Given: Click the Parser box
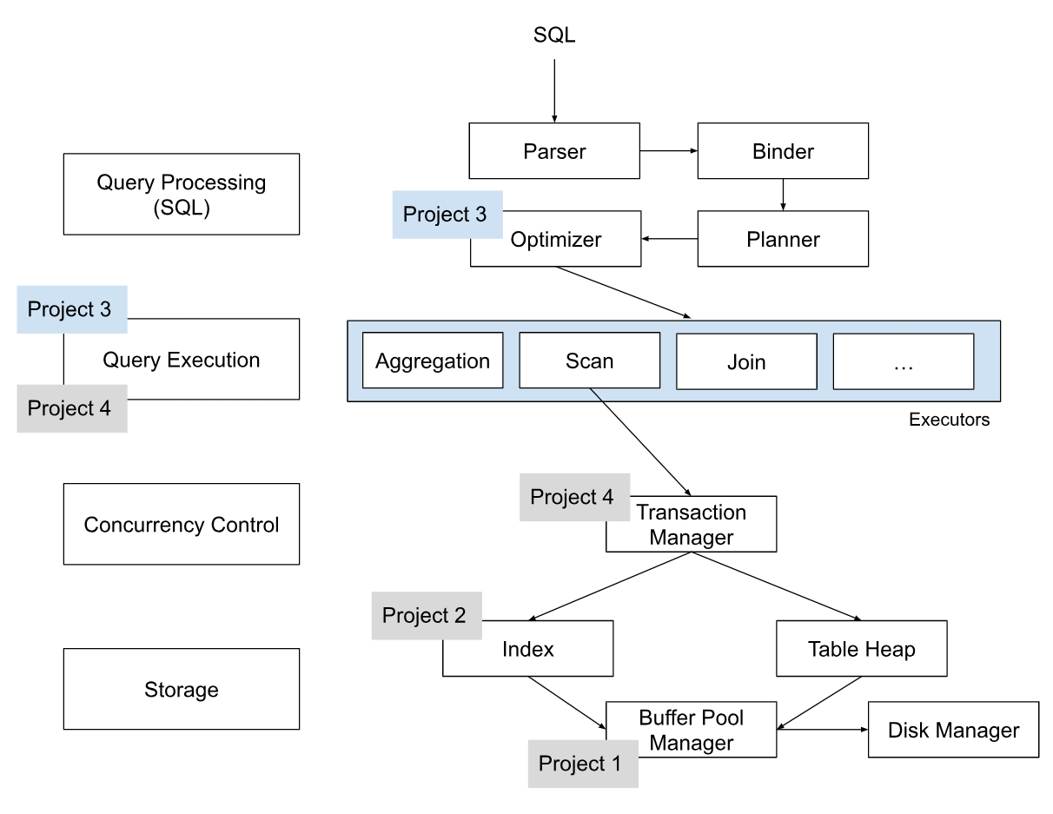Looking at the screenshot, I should coord(554,151).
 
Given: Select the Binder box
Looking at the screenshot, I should coord(783,151).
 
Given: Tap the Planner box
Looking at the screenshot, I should coord(783,239).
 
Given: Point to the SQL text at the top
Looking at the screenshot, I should coord(554,36).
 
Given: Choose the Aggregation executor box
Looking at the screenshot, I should coord(433,361).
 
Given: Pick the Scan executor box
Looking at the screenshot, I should coord(589,361).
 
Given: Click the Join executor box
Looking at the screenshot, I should coord(746,361).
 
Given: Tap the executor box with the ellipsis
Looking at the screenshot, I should coord(904,361).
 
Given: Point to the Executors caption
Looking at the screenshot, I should coord(949,420).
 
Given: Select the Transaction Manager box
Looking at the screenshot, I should coord(692,526).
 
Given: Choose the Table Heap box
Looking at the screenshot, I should coord(861,649).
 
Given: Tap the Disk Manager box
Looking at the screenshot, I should coord(953,730).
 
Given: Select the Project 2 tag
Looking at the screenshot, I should coord(426,616).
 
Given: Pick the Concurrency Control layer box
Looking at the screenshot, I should coord(182,525).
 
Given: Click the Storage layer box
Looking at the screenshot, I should coord(182,690).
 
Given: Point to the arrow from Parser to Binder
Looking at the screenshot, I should coord(669,151).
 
